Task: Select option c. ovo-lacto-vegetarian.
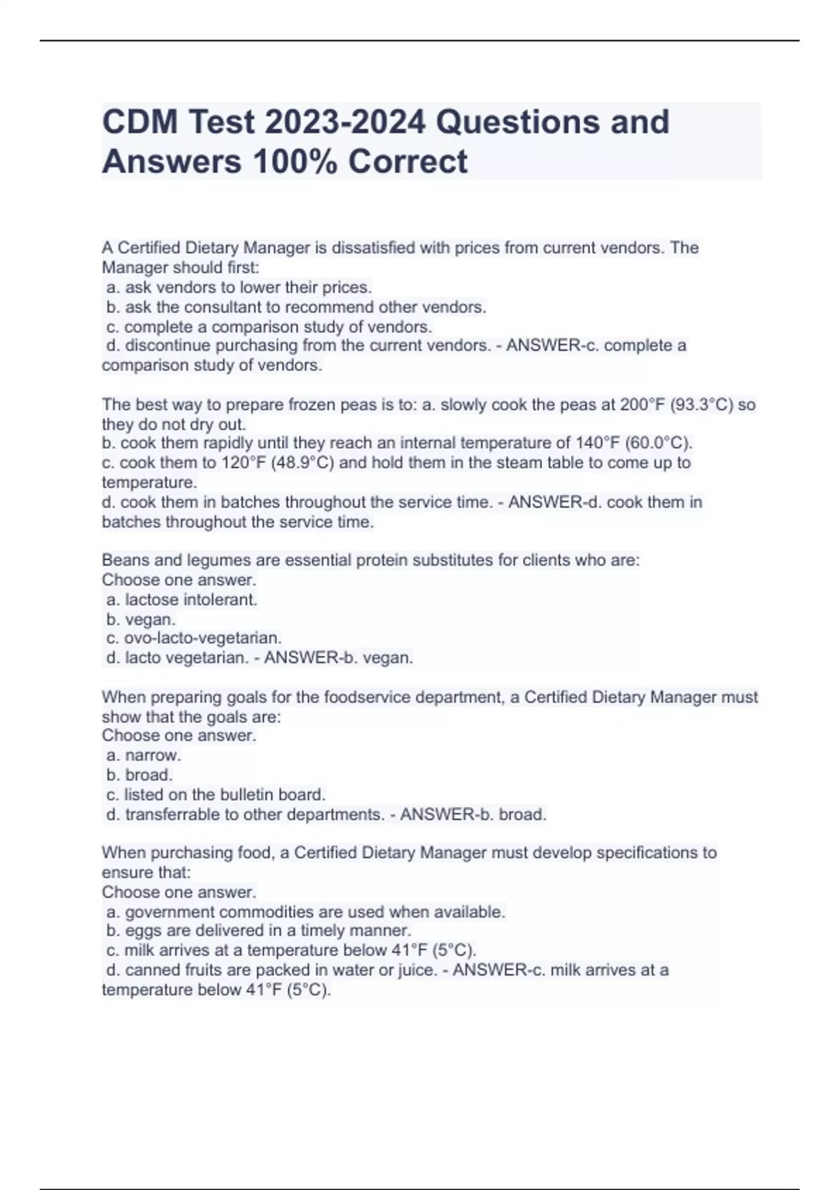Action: [x=194, y=638]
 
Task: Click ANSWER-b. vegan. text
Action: [x=339, y=658]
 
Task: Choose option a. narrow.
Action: [x=143, y=755]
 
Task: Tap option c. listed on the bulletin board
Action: [x=216, y=794]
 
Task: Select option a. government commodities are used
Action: [x=305, y=912]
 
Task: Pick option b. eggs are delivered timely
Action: [x=258, y=931]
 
